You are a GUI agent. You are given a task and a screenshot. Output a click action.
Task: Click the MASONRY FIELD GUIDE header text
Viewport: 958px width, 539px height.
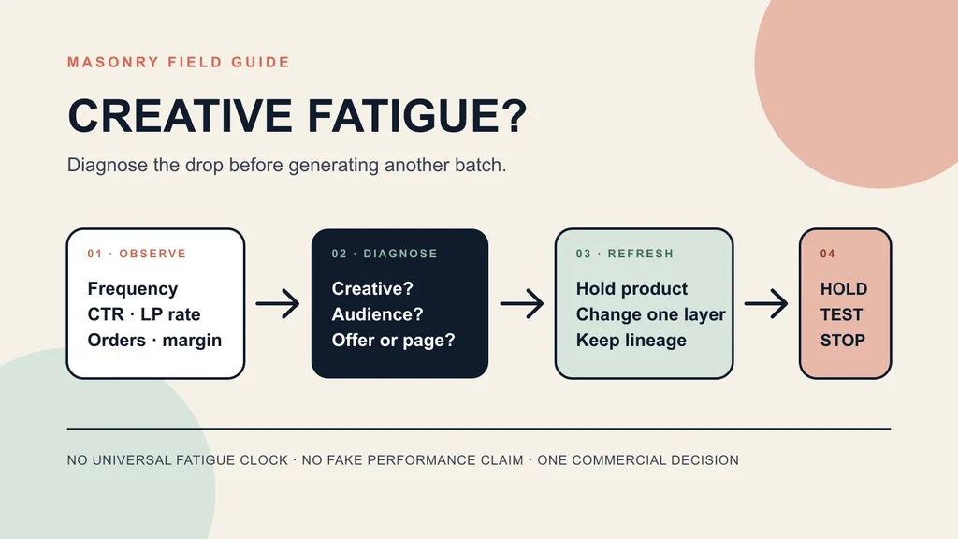[179, 63]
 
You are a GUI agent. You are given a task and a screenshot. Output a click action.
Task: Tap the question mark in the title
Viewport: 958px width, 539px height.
[515, 115]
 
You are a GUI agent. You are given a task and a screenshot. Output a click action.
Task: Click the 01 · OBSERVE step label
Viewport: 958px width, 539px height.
[137, 254]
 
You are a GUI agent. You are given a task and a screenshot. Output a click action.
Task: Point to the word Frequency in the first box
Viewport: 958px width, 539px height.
[133, 289]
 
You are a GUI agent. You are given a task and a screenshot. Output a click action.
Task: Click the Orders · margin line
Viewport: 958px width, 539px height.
[154, 340]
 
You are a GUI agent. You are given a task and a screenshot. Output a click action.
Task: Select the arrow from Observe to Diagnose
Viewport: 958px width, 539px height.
[278, 304]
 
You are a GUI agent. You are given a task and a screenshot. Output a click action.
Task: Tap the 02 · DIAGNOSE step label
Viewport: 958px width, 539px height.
[385, 254]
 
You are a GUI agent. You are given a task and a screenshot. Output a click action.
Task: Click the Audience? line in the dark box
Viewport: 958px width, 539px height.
[378, 314]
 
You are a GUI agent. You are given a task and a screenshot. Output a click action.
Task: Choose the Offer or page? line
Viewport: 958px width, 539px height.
[394, 341]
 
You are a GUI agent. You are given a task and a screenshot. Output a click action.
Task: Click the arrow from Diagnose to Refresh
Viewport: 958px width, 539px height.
[522, 304]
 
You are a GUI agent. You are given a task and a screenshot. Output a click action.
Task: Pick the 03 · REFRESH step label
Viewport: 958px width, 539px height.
[625, 254]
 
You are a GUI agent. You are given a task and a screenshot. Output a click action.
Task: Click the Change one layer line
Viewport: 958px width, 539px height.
[651, 314]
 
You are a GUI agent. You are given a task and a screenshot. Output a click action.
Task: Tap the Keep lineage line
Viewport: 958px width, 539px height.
[631, 341]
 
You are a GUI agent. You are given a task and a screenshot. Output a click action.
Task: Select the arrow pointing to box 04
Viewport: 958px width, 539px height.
[766, 304]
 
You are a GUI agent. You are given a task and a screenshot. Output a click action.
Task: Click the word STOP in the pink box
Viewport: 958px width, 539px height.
[843, 341]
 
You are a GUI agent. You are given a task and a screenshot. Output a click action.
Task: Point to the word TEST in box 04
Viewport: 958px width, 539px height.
[841, 314]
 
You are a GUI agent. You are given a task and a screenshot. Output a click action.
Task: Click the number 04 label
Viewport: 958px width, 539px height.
[828, 254]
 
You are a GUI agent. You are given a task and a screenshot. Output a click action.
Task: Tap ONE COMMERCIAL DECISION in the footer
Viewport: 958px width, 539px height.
[638, 460]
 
